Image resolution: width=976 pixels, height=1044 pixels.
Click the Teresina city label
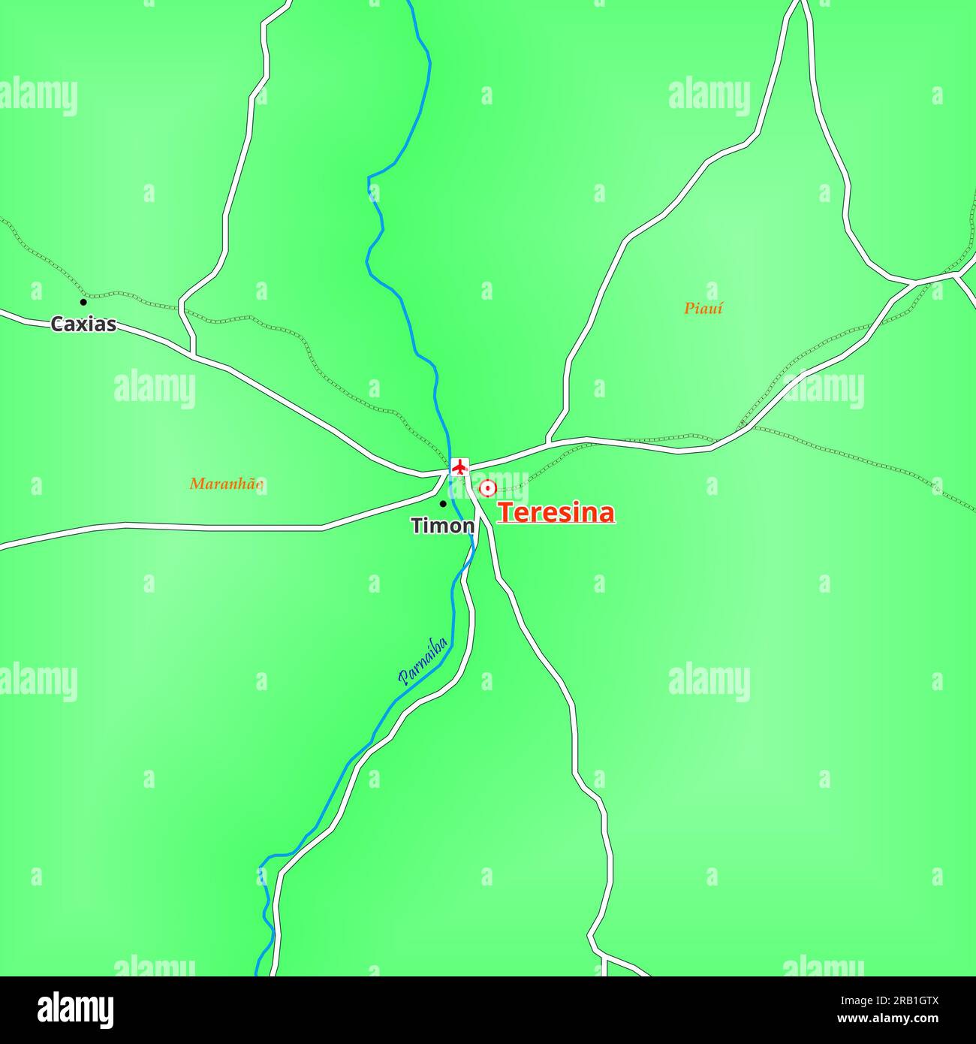click(556, 513)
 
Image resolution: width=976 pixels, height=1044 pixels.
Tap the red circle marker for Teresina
click(487, 489)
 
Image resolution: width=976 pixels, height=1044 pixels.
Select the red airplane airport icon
click(459, 467)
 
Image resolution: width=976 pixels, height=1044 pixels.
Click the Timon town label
click(442, 526)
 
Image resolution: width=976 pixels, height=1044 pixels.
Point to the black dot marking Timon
click(443, 503)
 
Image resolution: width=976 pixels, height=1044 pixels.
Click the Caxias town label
click(83, 324)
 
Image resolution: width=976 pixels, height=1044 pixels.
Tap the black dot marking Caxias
click(83, 302)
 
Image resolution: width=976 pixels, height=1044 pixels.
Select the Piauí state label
click(703, 308)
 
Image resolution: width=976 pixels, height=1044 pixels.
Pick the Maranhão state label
click(226, 484)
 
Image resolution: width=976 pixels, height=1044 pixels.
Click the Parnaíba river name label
click(423, 662)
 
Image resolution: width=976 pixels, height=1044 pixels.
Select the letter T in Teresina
click(505, 513)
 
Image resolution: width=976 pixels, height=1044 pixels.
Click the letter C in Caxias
click(56, 324)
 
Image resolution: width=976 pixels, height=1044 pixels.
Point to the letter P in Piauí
click(688, 308)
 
